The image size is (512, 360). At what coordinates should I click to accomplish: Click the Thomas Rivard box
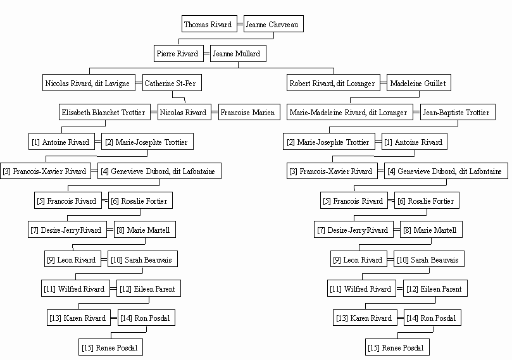click(209, 24)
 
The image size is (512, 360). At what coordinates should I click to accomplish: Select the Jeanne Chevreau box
click(273, 24)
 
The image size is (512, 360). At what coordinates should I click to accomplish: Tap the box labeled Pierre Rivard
click(178, 54)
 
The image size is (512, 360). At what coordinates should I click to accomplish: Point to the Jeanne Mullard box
click(238, 54)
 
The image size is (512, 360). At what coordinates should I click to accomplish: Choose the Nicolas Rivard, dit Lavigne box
click(89, 83)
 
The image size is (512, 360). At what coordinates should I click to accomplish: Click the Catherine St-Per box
click(172, 83)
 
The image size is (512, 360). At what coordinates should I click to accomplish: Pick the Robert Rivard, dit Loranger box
click(334, 83)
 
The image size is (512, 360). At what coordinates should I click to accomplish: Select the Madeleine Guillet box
click(419, 83)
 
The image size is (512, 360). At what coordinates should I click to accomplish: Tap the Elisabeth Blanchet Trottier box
click(104, 112)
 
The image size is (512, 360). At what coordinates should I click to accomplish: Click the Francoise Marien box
click(249, 112)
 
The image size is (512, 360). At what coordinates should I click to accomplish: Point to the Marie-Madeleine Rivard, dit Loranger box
click(350, 112)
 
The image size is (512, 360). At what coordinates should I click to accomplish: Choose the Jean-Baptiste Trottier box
click(458, 112)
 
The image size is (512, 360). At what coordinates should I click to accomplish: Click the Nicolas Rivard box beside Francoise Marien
click(184, 112)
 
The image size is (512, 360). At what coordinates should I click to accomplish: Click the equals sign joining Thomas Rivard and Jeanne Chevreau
click(240, 24)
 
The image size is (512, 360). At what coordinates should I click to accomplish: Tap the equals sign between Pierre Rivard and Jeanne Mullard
click(207, 54)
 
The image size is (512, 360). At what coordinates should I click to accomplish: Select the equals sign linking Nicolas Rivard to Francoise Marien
click(215, 112)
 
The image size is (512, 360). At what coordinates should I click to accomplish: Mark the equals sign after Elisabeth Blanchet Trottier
click(154, 112)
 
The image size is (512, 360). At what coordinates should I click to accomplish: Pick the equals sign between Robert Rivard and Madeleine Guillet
click(384, 83)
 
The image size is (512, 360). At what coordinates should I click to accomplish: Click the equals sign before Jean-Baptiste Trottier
click(416, 112)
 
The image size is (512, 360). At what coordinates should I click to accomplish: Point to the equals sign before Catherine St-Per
click(139, 83)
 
